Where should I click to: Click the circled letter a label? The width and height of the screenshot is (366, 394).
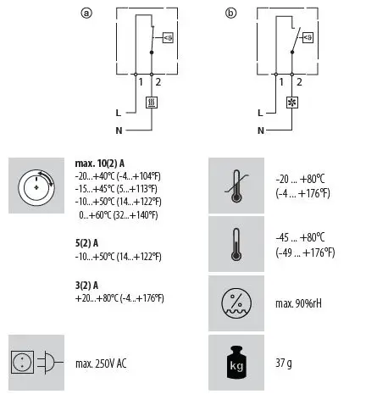86,13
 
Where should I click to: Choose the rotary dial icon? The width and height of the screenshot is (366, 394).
36,184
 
